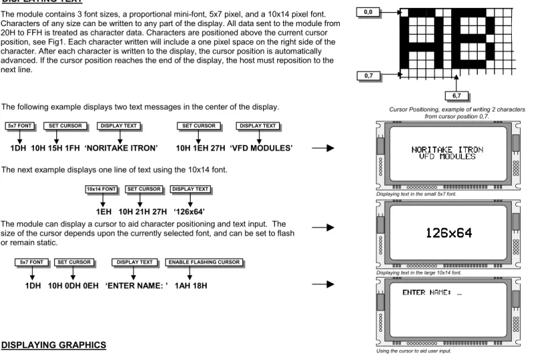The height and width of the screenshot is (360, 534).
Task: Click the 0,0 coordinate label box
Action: point(368,12)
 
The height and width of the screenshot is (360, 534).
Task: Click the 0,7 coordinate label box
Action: point(369,76)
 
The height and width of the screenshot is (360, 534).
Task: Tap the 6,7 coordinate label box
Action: point(456,96)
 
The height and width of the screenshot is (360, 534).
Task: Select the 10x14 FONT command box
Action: point(101,189)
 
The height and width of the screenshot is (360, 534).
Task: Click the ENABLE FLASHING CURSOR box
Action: point(204,262)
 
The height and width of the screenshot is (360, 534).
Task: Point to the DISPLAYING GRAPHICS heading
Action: point(54,345)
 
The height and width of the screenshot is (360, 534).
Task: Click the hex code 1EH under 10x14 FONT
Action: point(104,212)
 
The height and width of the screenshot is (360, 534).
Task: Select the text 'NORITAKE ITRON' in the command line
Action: point(121,148)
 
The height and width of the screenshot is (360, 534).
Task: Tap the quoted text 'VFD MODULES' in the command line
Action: point(261,148)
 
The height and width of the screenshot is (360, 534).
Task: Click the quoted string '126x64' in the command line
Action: point(189,212)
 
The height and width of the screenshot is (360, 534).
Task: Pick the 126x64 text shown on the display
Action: point(449,234)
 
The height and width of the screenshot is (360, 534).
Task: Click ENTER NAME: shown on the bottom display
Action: point(427,292)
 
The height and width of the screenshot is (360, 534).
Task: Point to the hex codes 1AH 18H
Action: point(191,286)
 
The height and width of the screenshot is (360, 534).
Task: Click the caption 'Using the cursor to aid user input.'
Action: point(414,351)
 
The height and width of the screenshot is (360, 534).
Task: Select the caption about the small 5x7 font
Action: point(416,194)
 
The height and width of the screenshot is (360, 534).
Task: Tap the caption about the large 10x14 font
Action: point(418,273)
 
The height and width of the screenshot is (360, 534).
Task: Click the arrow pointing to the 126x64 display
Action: point(323,228)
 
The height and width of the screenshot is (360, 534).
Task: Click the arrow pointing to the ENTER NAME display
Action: point(323,284)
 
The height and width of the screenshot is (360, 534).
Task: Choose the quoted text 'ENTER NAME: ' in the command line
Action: point(137,286)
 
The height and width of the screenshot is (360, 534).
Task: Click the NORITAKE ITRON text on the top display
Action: point(447,149)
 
